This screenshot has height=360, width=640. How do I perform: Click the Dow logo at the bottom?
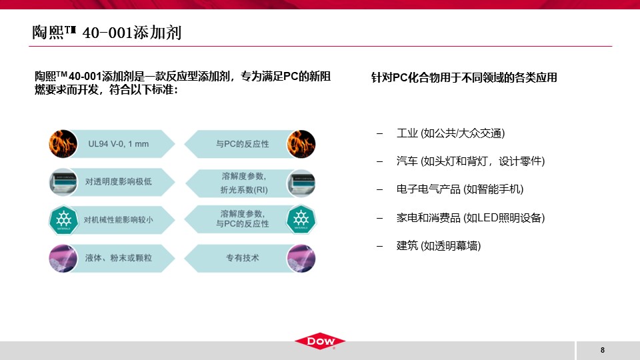(320, 341)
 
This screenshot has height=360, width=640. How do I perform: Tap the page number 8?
(603, 350)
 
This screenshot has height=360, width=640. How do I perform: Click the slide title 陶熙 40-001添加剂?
(107, 33)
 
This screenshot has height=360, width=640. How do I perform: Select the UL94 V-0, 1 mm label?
(119, 144)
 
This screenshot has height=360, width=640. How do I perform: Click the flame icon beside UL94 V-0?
(63, 144)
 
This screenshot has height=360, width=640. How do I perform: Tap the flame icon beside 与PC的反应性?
(301, 144)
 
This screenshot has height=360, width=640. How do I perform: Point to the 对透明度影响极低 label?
(119, 181)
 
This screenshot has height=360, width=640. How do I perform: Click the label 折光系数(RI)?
(244, 190)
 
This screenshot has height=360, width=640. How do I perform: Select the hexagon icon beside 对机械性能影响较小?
(63, 219)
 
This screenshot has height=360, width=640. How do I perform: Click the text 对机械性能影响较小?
(119, 220)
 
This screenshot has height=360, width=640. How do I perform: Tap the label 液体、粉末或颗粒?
(119, 258)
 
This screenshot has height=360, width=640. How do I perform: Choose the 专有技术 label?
(243, 258)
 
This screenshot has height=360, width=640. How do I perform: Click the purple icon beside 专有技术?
(301, 259)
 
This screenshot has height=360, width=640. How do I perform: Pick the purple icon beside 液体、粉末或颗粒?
(63, 259)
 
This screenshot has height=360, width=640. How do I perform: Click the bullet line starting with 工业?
(451, 133)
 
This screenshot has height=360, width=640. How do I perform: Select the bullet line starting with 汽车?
(471, 161)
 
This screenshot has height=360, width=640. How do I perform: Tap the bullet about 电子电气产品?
(460, 189)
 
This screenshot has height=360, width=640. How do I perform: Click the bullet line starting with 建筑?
(439, 246)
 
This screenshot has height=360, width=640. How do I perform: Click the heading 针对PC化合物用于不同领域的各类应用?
(464, 77)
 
